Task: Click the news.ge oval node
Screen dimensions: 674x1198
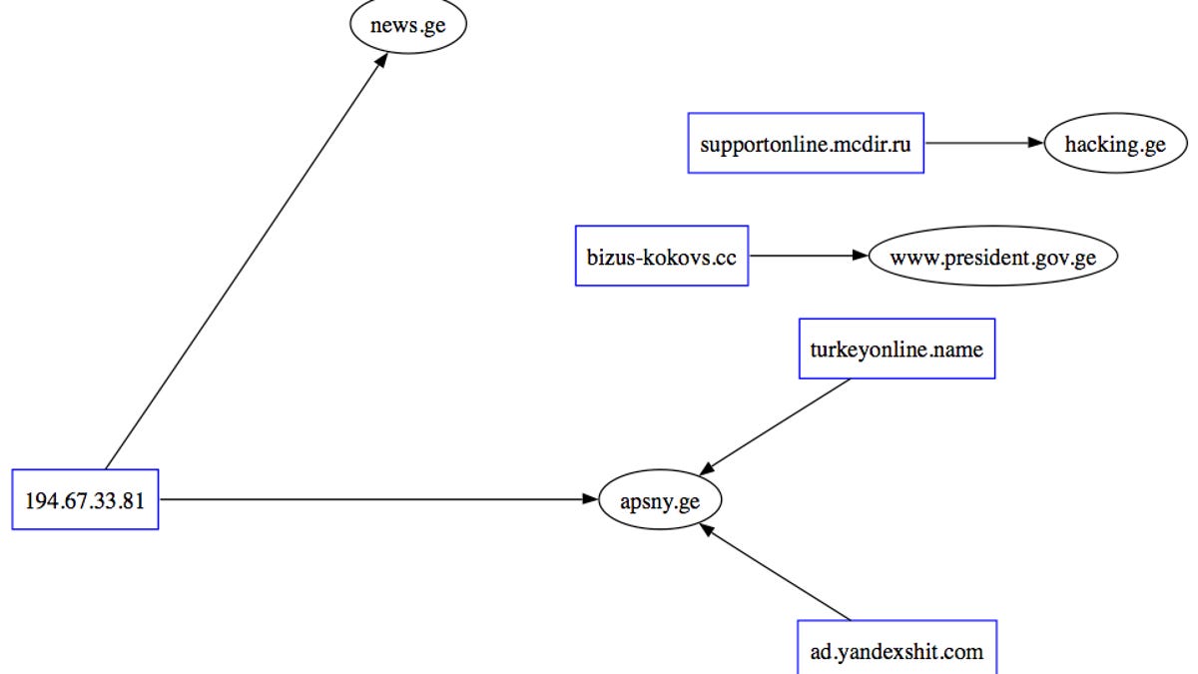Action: pos(407,27)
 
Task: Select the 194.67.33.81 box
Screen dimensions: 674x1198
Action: pos(85,499)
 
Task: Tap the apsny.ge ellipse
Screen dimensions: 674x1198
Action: pos(659,501)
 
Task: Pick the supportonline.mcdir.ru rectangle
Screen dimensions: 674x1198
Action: pos(806,143)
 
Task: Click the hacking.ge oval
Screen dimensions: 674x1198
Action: pos(1115,144)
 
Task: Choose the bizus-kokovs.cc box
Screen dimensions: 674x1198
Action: pos(662,256)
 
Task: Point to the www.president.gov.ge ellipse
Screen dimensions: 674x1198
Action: pos(992,257)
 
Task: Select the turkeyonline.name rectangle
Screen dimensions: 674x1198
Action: pos(897,349)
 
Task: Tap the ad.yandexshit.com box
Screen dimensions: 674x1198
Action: pos(897,652)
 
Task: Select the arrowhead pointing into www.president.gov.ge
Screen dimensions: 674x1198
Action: pos(861,256)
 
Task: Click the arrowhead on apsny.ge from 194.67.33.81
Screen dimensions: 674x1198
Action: pos(590,498)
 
